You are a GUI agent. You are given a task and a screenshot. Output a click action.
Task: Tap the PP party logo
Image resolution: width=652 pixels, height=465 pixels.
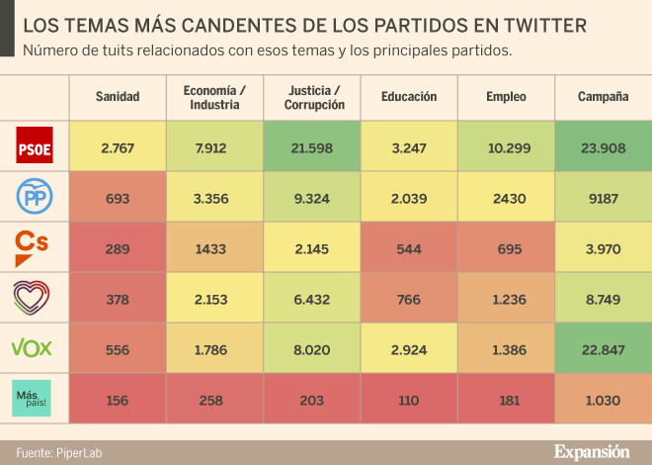[x=35, y=197]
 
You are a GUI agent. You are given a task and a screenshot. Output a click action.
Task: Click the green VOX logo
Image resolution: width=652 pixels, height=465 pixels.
[x=32, y=346]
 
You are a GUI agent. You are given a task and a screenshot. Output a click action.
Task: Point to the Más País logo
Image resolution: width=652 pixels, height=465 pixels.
[x=33, y=398]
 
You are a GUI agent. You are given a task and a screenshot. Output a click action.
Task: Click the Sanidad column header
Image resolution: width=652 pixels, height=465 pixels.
[x=118, y=96]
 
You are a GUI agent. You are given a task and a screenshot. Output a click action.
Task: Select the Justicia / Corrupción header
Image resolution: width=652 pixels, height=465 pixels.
[x=312, y=96]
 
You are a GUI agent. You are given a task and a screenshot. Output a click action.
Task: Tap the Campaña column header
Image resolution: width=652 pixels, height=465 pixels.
[x=604, y=96]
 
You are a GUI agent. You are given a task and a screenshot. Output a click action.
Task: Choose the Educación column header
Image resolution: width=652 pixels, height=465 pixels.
[x=409, y=96]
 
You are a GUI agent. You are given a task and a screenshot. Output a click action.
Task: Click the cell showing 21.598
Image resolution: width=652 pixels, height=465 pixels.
[x=312, y=147]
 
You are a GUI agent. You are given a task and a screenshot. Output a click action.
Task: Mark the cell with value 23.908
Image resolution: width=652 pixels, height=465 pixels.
[x=604, y=147]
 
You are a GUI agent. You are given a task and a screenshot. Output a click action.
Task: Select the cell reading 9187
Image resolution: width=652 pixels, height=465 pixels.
[x=604, y=198]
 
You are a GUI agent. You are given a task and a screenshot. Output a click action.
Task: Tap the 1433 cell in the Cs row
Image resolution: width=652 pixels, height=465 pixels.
[x=214, y=247]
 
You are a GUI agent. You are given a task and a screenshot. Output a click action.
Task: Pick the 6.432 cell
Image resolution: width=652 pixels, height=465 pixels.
[x=312, y=298]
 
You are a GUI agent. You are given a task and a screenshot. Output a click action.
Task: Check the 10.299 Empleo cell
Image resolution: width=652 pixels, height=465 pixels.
[x=506, y=147]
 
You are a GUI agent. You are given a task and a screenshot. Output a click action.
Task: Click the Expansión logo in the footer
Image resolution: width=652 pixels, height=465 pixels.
[x=591, y=452]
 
